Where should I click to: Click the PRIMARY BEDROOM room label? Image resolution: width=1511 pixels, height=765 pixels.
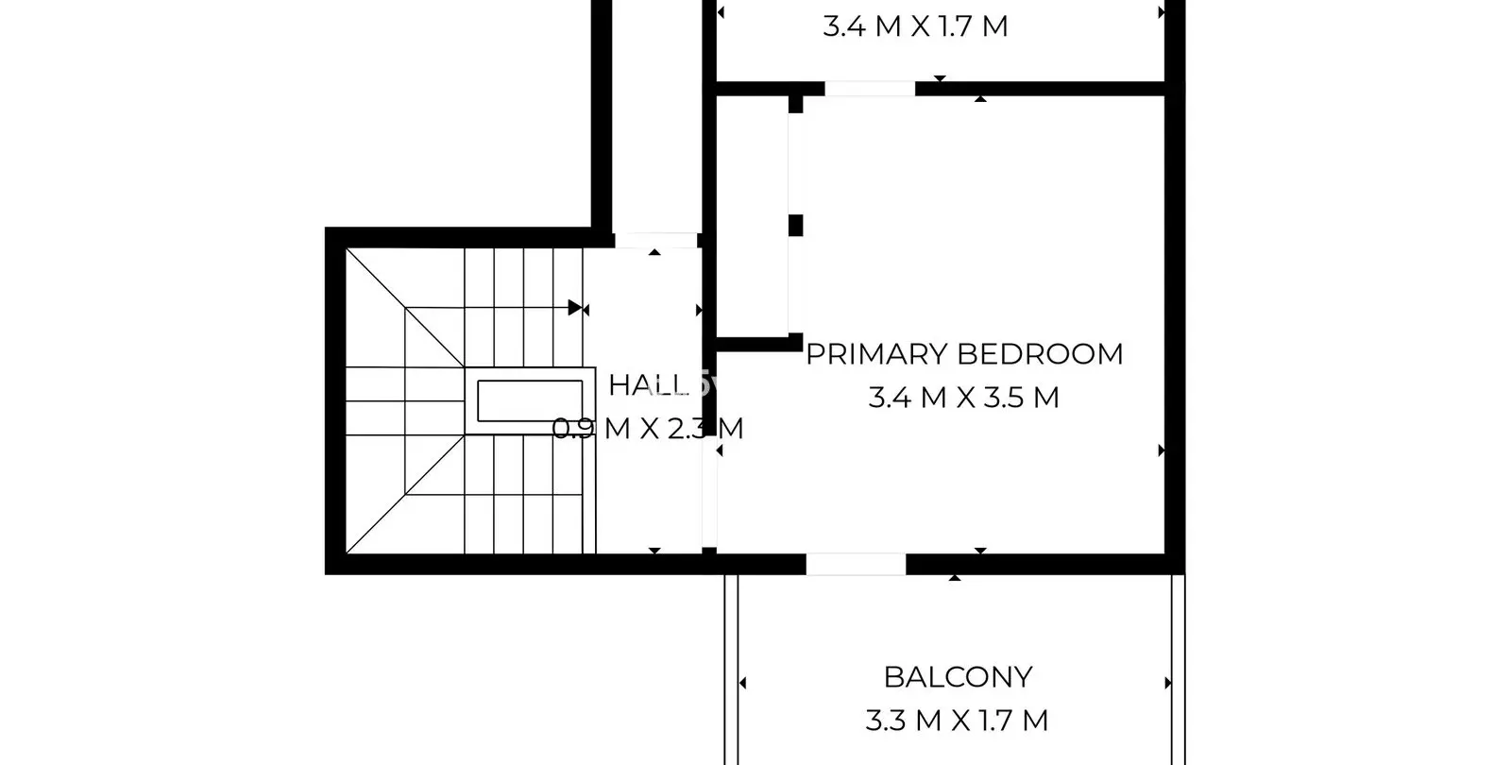pos(964,354)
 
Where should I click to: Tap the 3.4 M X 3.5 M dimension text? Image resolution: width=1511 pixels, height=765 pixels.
pos(964,398)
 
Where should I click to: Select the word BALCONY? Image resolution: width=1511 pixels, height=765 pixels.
pos(958,677)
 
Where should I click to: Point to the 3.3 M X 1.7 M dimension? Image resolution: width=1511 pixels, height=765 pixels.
pos(957,721)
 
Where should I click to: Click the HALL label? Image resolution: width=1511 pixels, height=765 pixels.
pos(648,385)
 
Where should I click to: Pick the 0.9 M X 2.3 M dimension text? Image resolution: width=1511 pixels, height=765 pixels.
pos(648,429)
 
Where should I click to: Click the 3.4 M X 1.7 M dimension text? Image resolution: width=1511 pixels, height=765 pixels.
pos(915,26)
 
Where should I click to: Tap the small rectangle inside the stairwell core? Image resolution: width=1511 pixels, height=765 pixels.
pos(530,400)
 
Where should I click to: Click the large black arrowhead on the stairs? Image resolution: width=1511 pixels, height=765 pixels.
pos(575,308)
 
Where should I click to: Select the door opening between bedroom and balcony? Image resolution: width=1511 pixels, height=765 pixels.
pos(856,564)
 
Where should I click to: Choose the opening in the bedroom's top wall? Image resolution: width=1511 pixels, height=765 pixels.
pos(870,89)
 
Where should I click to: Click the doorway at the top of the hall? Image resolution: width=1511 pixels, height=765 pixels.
pos(655,240)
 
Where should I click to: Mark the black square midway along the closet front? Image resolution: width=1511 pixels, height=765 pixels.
pos(796,226)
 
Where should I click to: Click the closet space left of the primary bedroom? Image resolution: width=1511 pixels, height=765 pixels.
pos(752,216)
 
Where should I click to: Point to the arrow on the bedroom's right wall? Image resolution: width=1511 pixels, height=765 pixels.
pos(1162,450)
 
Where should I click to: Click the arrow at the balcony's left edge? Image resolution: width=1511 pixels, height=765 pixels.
pos(742,684)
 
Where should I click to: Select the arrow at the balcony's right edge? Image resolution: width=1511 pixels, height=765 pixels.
pos(1168,684)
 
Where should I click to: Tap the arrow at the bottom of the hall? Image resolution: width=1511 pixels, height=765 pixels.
pos(654,552)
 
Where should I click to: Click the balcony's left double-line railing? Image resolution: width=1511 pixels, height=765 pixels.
pos(731,670)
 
